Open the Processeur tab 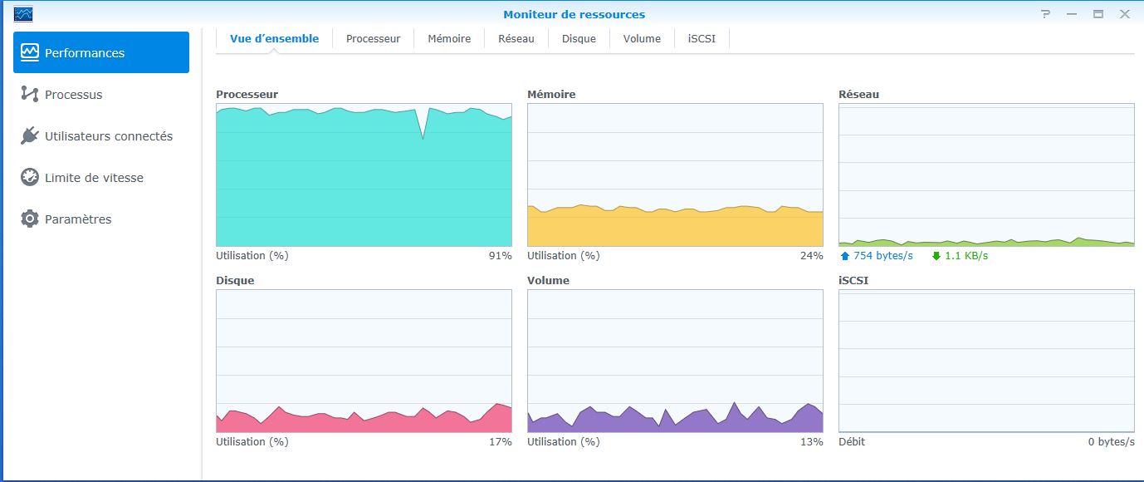pos(373,39)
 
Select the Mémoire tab pos(449,39)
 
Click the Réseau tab pos(516,39)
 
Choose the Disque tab pos(579,39)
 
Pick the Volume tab pos(642,39)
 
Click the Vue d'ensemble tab pos(274,39)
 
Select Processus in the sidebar pos(73,95)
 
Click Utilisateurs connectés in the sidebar pos(108,136)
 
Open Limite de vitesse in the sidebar pos(94,178)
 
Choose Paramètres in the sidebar pos(77,219)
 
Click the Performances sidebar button pos(100,53)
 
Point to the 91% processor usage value pos(500,256)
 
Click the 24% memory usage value pos(811,256)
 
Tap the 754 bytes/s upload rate pos(882,256)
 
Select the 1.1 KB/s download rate pos(966,256)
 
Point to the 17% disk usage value pos(500,442)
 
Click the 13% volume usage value pos(811,442)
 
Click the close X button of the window pos(1124,14)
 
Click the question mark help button pos(1046,14)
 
